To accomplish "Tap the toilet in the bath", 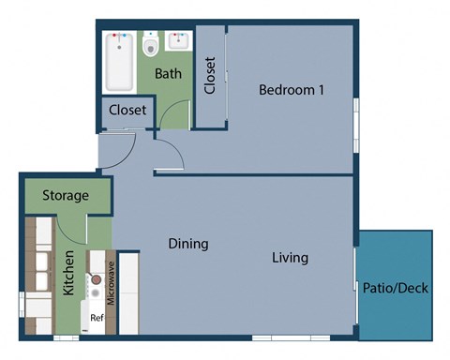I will (150, 46).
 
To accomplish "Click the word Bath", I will (168, 73).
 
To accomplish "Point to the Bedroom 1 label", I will (291, 91).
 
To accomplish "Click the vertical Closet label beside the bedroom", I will (210, 76).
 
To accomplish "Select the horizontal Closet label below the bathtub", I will (127, 111).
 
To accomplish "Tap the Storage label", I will (66, 197).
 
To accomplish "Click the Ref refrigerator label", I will (96, 318).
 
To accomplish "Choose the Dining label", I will (188, 245).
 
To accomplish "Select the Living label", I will (291, 258).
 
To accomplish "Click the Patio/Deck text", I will (395, 289).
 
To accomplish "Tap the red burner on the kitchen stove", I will (94, 280).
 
